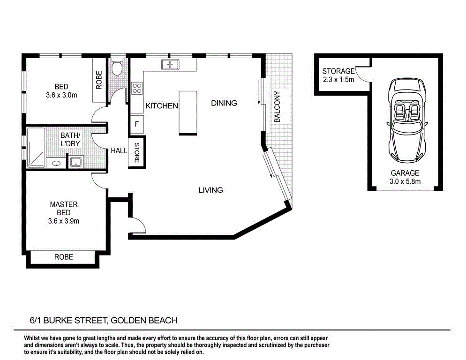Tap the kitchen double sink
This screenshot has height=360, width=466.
click(x=170, y=64)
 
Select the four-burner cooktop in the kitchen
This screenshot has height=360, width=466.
click(x=137, y=88)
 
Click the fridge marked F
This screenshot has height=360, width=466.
click(x=137, y=124)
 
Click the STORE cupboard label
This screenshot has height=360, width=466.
click(x=137, y=153)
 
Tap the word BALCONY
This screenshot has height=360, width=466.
click(x=277, y=106)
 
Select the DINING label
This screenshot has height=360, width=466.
click(x=224, y=103)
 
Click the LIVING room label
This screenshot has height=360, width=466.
click(x=210, y=190)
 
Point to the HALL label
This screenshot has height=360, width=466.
click(x=119, y=151)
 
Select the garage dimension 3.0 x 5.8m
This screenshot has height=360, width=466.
click(x=406, y=181)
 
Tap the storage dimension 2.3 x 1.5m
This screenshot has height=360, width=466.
click(x=338, y=80)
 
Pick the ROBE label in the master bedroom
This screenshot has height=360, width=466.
click(x=64, y=257)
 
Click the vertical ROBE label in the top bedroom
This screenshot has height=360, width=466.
click(x=99, y=80)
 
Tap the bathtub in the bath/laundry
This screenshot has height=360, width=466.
click(x=36, y=147)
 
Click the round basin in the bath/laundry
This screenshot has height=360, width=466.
click(x=57, y=164)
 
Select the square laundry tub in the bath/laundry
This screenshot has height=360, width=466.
click(x=76, y=163)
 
